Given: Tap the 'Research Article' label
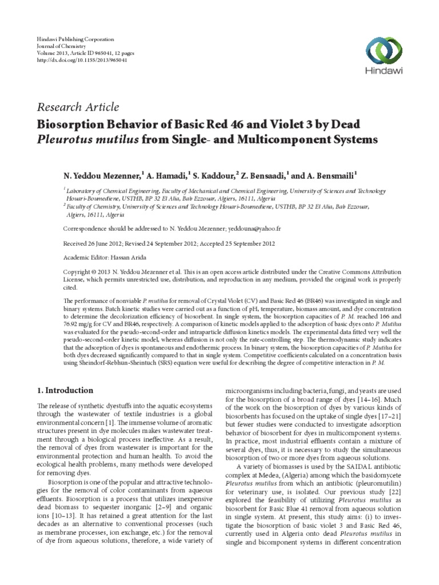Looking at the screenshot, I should [78, 107].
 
